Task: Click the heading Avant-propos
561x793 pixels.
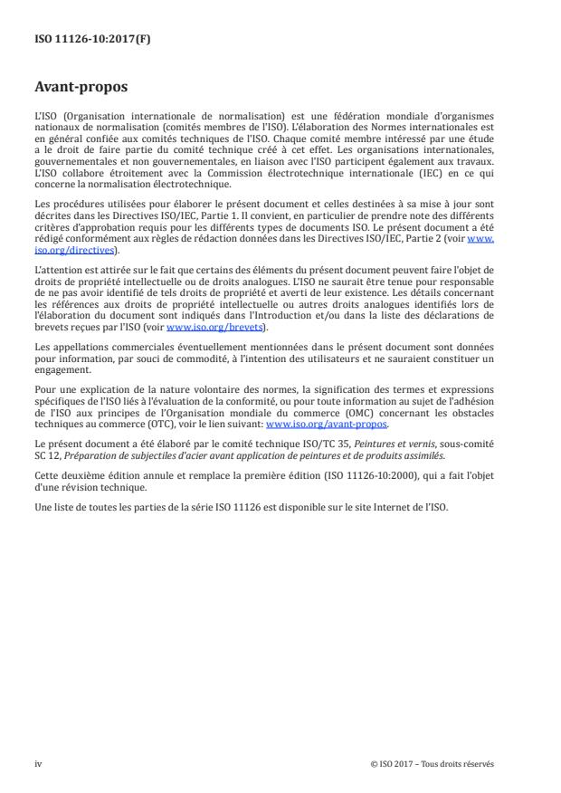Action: [x=81, y=89]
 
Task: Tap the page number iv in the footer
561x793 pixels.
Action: [x=37, y=763]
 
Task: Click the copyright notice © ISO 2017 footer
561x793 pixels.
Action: [x=432, y=763]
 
